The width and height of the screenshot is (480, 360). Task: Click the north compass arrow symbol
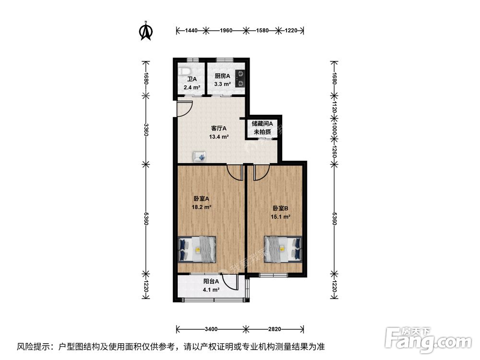tap(146, 31)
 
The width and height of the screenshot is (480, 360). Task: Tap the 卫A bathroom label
tap(192, 80)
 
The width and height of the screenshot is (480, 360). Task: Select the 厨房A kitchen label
tap(222, 76)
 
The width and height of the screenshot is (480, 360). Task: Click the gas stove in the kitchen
tap(241, 78)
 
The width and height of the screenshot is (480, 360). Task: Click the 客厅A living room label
tap(218, 129)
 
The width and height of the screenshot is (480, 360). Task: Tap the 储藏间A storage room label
tap(262, 123)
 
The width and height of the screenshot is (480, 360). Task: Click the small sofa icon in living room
tap(200, 156)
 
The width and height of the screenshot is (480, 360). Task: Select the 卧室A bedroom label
tap(201, 198)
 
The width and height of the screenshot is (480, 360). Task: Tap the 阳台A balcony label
tap(211, 282)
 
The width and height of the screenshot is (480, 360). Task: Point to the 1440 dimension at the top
tap(192, 30)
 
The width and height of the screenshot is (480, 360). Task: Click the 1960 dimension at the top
tap(226, 30)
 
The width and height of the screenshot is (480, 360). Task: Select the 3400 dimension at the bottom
tap(211, 329)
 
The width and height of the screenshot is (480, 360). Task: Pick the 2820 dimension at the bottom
tap(274, 329)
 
